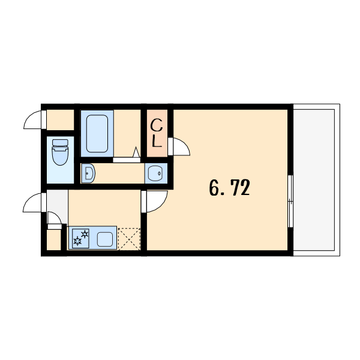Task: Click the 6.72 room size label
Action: point(229,188)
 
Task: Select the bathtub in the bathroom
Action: point(97,134)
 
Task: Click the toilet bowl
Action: point(60,155)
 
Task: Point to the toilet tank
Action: point(60,143)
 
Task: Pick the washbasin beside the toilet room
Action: point(88,173)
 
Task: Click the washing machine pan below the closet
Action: point(156,173)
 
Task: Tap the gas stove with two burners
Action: point(80,238)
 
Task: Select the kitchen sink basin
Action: point(104,239)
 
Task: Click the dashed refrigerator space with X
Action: point(129,239)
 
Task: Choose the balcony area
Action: point(314,180)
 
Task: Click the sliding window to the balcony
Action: point(290,201)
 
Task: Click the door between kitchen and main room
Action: point(144,202)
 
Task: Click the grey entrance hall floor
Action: point(57,206)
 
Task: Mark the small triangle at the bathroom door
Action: point(136,152)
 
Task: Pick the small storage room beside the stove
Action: point(54,239)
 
